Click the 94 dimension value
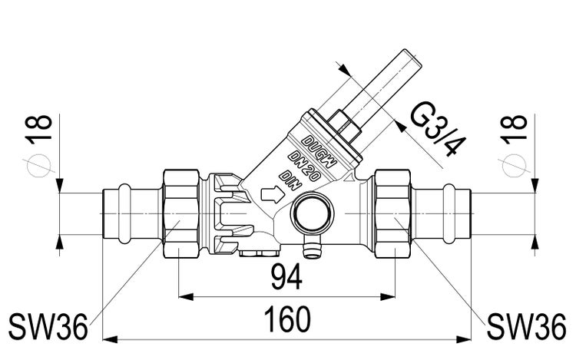286,278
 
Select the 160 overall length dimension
288,319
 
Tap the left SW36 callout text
48,326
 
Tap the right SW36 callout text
526,326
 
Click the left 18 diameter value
38,127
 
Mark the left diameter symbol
38,164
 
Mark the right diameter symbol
514,164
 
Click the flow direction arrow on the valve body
272,194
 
